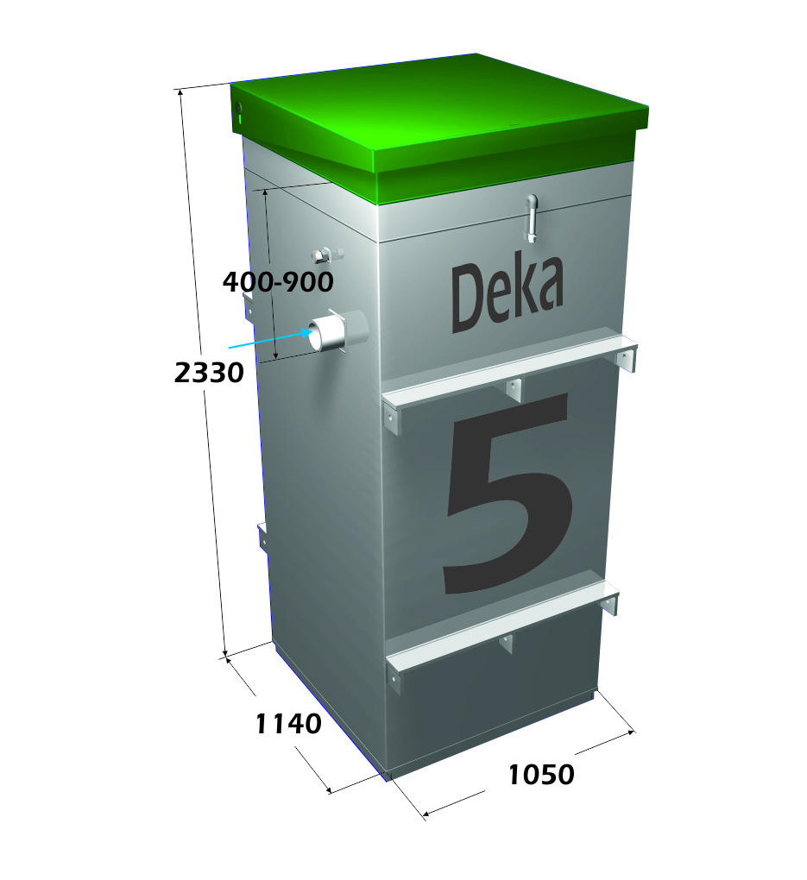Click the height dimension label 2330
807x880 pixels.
coord(209,373)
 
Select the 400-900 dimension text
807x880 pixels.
coord(278,282)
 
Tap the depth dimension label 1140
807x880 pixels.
coord(288,724)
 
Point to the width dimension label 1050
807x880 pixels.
coord(541,775)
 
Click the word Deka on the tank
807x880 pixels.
coord(508,294)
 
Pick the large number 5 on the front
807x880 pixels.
coord(508,493)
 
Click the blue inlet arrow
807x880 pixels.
coord(270,339)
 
